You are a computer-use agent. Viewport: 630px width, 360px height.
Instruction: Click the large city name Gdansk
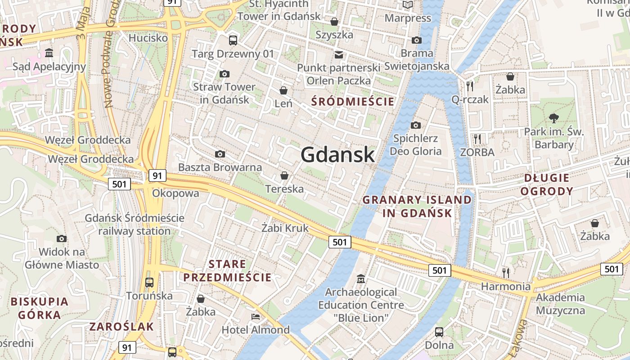pos(337,154)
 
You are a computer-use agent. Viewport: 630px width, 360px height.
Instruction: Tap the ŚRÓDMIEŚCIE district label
pos(353,102)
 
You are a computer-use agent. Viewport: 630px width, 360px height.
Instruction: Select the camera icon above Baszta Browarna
pos(220,154)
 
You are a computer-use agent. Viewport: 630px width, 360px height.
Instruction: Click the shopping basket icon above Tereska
pos(284,175)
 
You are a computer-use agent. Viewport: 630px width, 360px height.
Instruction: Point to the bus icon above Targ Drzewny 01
pos(233,40)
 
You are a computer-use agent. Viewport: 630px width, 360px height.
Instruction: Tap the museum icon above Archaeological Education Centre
pos(360,279)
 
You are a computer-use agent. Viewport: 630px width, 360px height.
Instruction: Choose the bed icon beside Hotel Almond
pos(256,316)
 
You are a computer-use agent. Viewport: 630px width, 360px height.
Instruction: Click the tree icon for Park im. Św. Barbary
pos(553,118)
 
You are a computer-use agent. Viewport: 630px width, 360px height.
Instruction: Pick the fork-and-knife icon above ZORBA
pos(477,139)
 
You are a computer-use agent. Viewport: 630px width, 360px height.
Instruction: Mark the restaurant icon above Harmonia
pos(506,272)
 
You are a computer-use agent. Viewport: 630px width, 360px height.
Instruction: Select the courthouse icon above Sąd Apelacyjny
pos(49,54)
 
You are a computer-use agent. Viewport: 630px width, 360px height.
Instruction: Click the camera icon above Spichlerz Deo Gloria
pos(416,125)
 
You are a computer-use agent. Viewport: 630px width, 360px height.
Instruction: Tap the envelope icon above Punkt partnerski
pos(338,55)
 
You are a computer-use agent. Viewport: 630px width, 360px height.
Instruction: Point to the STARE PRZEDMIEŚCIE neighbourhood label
pos(227,270)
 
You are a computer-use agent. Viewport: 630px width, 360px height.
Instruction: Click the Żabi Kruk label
pos(285,228)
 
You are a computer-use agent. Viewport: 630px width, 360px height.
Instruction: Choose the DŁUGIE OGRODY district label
pos(547,184)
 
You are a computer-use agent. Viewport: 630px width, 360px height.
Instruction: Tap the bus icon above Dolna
pos(439,332)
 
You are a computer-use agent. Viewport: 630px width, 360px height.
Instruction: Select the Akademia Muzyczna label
pos(560,304)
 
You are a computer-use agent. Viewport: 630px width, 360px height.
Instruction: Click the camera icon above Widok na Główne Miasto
pos(62,238)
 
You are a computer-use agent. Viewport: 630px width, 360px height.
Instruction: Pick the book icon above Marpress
pos(408,5)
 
